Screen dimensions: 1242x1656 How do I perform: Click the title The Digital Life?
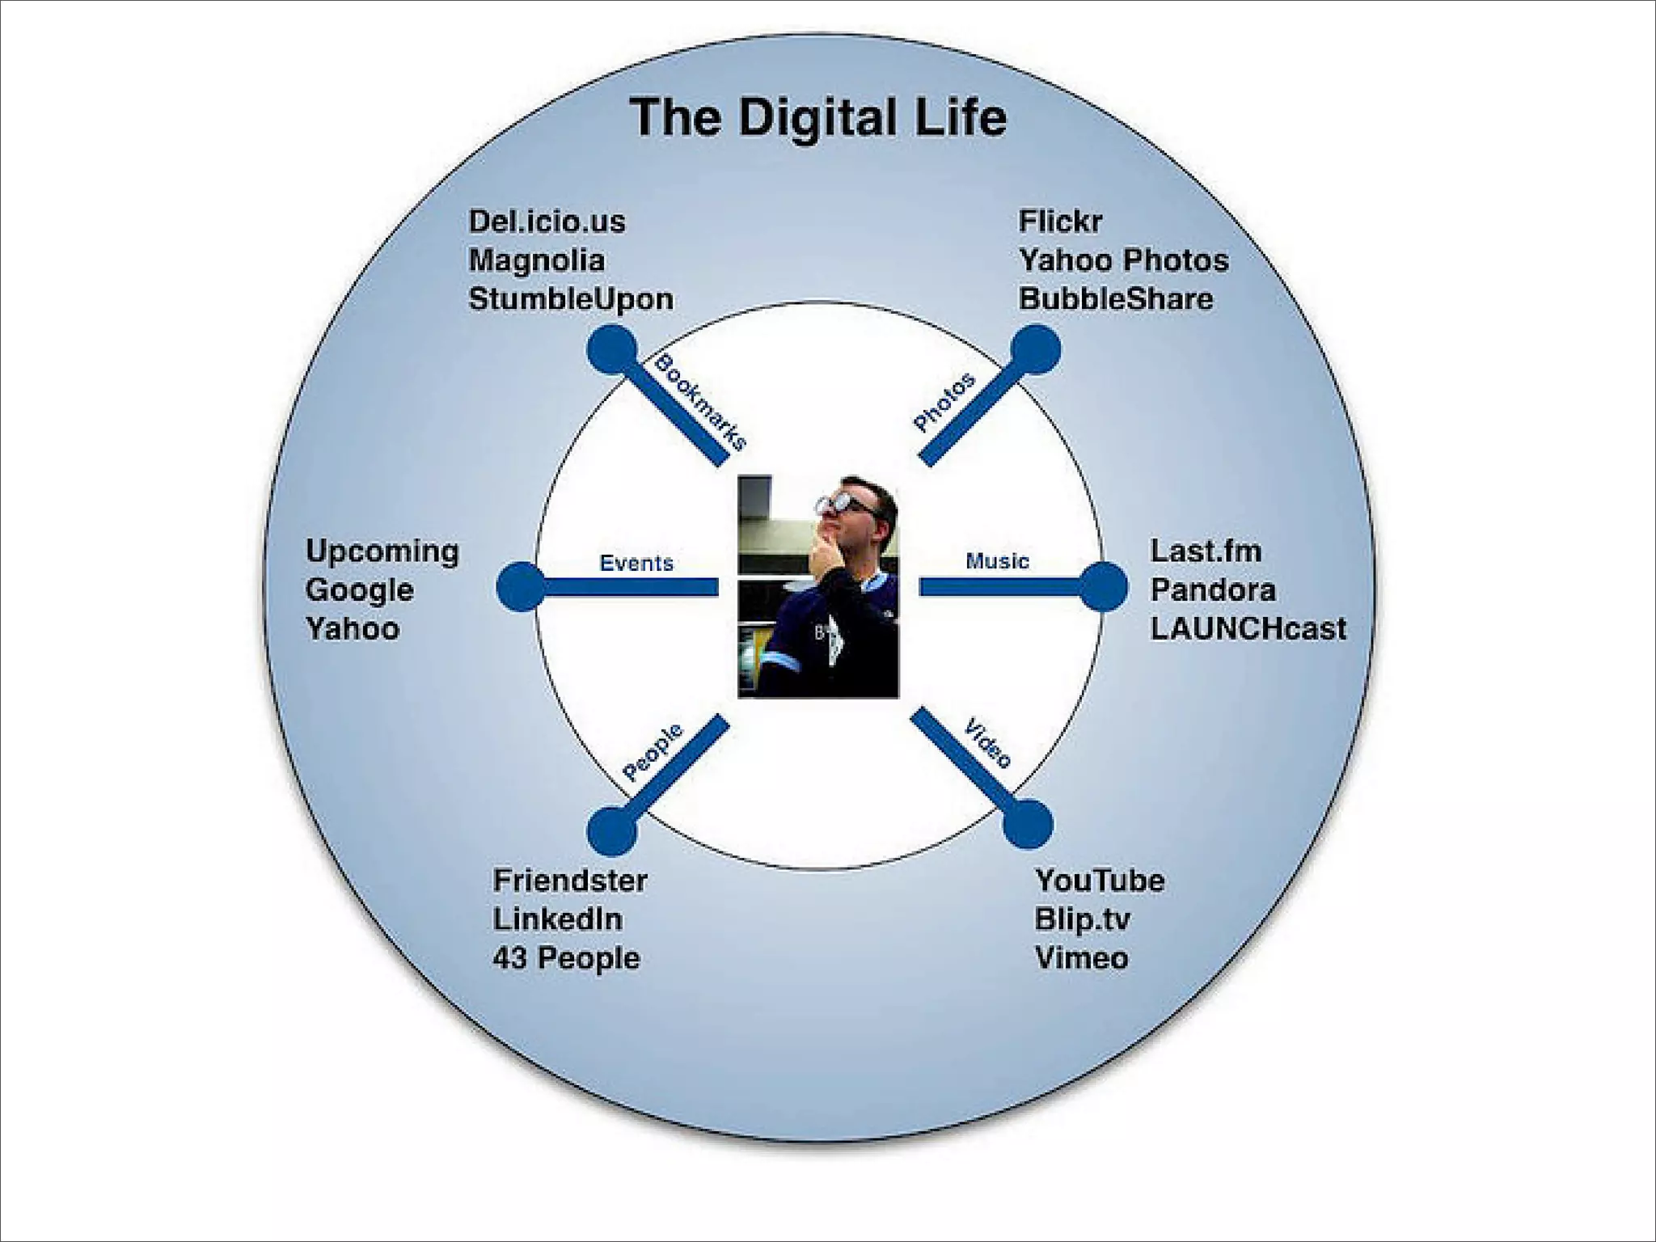pos(818,118)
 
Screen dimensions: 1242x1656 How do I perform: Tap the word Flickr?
pos(1059,222)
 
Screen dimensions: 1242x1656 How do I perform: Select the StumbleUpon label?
pos(571,299)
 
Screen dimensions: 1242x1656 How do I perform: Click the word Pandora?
pos(1213,590)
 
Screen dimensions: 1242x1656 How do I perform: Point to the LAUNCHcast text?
pos(1248,629)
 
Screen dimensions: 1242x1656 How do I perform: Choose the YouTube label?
pos(1100,881)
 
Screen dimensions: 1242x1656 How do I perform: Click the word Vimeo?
pos(1081,958)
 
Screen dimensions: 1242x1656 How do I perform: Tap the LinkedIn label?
pos(558,919)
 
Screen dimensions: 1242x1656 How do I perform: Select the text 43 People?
pos(566,958)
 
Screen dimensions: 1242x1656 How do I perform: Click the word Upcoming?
pos(382,551)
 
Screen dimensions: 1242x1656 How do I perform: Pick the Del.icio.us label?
pos(547,222)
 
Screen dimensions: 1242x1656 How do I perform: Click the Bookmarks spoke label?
pos(700,402)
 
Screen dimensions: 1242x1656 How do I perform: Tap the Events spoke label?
pos(636,563)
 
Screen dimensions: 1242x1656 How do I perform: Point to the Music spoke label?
pos(997,561)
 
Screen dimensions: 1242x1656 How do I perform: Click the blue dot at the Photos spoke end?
pos(1036,349)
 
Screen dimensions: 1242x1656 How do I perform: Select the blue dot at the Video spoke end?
pos(1028,824)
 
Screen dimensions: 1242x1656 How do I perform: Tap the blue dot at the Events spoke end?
pos(521,586)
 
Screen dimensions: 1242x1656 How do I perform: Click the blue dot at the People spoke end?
pos(611,831)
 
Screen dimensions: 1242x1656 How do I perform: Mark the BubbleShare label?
pos(1115,299)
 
